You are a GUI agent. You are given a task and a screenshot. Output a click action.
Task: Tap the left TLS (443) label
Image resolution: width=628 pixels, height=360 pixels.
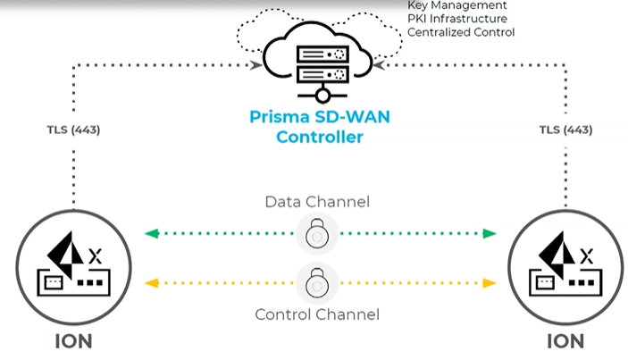click(x=73, y=130)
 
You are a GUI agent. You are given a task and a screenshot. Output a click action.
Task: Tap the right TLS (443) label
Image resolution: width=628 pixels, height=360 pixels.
click(x=565, y=130)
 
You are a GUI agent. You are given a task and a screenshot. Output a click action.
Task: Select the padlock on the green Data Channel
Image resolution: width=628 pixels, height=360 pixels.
click(x=317, y=233)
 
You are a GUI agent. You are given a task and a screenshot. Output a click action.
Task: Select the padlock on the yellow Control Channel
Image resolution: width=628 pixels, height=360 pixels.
click(x=317, y=282)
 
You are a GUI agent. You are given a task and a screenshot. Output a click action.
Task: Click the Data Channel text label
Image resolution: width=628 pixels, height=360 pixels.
click(x=317, y=202)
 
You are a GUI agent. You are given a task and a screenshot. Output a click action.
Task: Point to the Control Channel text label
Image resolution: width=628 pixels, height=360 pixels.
click(x=317, y=314)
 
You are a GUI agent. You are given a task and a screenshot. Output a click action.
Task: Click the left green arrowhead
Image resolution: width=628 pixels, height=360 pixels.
click(x=152, y=233)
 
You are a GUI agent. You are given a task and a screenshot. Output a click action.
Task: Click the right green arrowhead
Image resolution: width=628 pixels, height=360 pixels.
click(x=490, y=233)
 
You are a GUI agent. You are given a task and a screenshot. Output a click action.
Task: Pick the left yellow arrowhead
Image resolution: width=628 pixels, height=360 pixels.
click(x=152, y=283)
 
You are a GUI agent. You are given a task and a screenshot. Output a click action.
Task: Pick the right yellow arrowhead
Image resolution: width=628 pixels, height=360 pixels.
click(x=490, y=283)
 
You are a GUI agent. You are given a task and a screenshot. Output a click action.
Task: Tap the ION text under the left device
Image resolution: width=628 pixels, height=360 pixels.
click(x=73, y=341)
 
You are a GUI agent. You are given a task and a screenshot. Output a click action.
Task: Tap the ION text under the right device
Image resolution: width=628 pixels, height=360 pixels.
click(x=565, y=341)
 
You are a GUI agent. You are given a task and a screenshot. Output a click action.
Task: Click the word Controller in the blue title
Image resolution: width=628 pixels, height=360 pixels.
click(x=320, y=137)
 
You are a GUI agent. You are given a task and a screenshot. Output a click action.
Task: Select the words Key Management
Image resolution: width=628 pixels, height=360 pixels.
click(x=457, y=5)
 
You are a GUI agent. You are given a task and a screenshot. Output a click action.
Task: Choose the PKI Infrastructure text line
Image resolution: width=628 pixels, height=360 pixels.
click(x=457, y=19)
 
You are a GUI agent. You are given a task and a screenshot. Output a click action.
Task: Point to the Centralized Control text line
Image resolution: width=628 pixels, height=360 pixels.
click(x=461, y=32)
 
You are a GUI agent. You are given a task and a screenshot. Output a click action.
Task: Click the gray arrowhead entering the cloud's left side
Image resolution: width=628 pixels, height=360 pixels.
click(x=255, y=65)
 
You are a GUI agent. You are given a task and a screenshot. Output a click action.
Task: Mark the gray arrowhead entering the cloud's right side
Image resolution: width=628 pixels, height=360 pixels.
click(x=379, y=65)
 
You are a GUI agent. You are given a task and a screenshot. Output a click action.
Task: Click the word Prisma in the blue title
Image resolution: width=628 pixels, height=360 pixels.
click(x=280, y=117)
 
